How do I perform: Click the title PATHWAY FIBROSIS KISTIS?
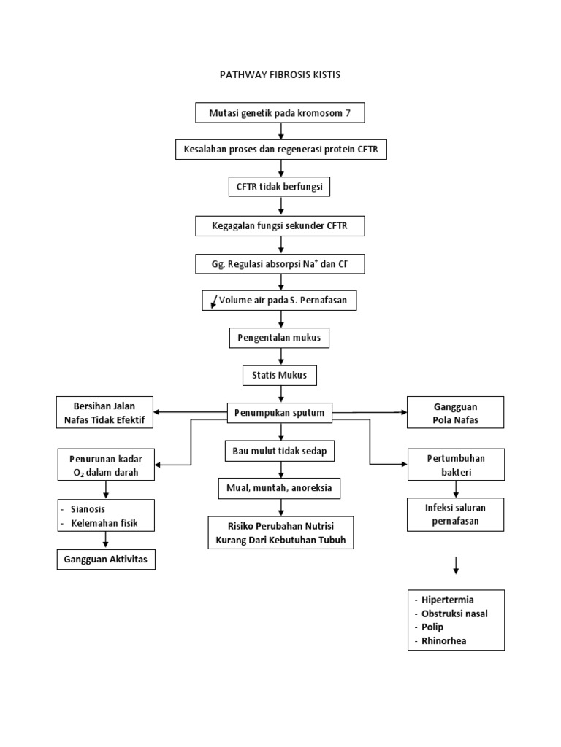(x=280, y=75)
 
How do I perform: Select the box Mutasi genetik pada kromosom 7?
(x=280, y=113)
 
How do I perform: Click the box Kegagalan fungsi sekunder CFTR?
(x=280, y=226)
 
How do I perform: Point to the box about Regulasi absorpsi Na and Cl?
(x=280, y=263)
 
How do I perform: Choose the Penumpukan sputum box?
(x=280, y=414)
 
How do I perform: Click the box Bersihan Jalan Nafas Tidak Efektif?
(x=105, y=413)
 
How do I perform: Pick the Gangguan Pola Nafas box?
(x=455, y=413)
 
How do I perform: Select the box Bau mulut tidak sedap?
(x=280, y=452)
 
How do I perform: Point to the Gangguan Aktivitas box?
(x=106, y=559)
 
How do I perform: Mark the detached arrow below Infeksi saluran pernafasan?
(x=456, y=565)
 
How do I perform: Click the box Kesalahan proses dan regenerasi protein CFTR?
(x=280, y=150)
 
